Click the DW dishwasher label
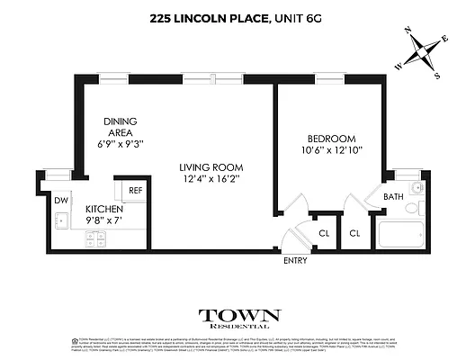pyautogui.click(x=60, y=200)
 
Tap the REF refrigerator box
pyautogui.click(x=135, y=191)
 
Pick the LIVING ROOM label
pyautogui.click(x=211, y=166)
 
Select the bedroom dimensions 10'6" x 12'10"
pyautogui.click(x=332, y=150)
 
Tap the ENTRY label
pyautogui.click(x=295, y=261)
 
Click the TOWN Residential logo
pyautogui.click(x=239, y=320)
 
